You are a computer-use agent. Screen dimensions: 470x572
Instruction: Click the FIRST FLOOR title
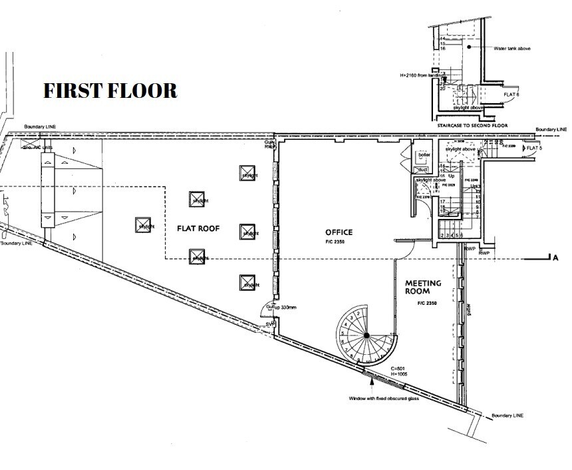click(x=110, y=91)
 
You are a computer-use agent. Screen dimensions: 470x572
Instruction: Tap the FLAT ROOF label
click(x=198, y=228)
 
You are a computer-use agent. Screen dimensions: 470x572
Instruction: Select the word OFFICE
click(x=339, y=232)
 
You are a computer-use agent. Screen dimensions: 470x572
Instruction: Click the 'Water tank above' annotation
click(x=511, y=49)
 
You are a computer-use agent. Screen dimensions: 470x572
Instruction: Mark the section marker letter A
click(x=554, y=258)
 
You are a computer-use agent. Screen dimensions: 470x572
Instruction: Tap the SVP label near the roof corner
click(x=270, y=324)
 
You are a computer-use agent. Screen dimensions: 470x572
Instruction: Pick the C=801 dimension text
click(x=398, y=368)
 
